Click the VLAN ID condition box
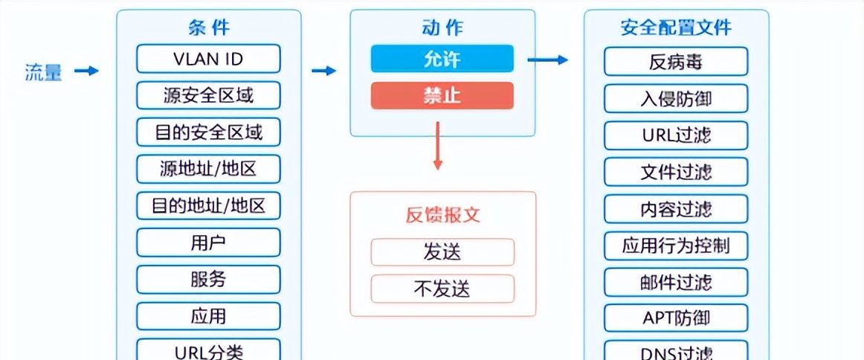point(208,58)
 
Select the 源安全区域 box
point(208,95)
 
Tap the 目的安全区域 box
point(208,132)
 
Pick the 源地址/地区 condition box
point(208,169)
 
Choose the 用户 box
point(208,242)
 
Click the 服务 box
point(208,280)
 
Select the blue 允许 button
point(442,59)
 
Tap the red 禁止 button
point(442,96)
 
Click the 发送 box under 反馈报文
point(442,252)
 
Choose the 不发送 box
point(442,289)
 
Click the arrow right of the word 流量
point(87,71)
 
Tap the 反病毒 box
point(675,62)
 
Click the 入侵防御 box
point(675,98)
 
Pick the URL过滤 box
point(675,135)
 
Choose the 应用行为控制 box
point(675,245)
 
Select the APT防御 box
point(675,318)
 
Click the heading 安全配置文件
point(675,28)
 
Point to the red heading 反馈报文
point(442,215)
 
